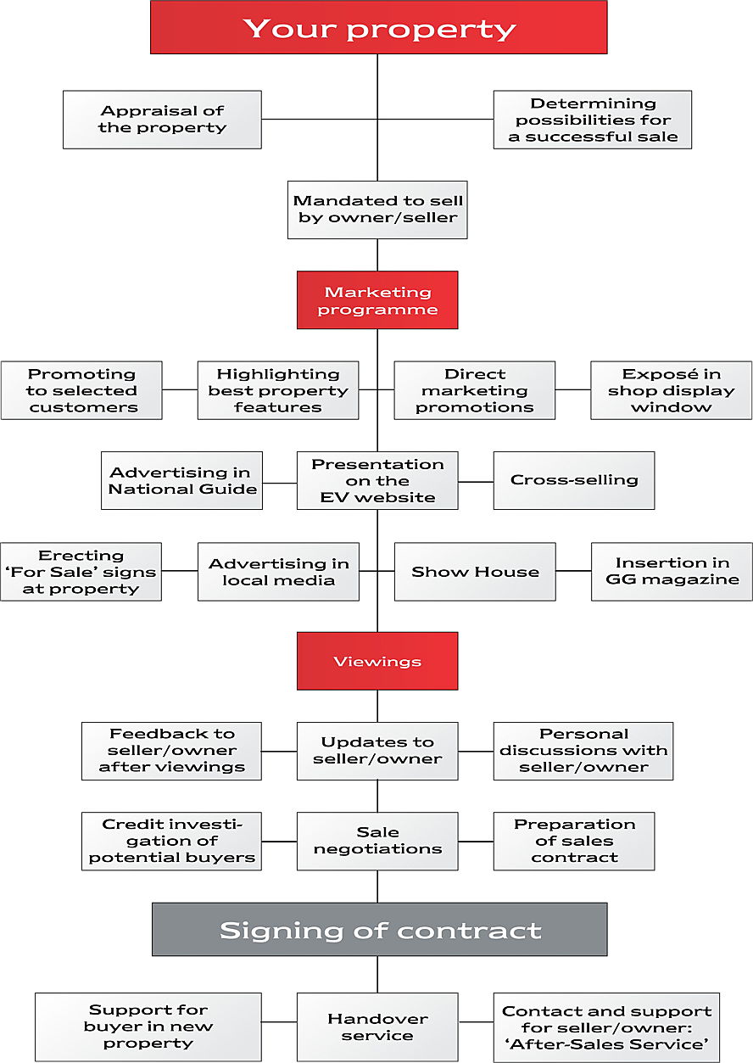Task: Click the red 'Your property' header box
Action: point(379,27)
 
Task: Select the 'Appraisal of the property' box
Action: point(162,120)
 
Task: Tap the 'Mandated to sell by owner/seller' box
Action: point(377,210)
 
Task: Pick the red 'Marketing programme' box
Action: point(377,300)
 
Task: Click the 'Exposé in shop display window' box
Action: point(672,390)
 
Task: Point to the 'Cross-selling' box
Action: point(574,481)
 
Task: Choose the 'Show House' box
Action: point(475,572)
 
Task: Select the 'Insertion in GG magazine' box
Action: point(672,572)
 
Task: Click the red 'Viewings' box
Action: point(377,661)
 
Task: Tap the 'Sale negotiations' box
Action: point(377,842)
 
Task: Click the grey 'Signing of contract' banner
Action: point(380,929)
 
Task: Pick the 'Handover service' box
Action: point(377,1027)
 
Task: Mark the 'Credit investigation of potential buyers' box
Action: point(172,842)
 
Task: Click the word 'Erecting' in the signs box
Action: point(81,555)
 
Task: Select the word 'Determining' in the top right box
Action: point(593,104)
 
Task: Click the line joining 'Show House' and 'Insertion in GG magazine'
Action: point(573,571)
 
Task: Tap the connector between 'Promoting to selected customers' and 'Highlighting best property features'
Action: point(180,389)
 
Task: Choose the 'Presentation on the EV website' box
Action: point(377,481)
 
